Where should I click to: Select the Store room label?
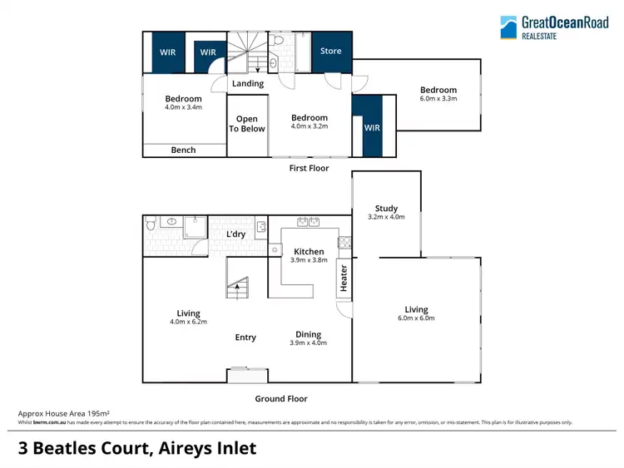coord(331,52)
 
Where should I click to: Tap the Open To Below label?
coord(247,124)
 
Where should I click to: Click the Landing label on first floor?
coord(248,83)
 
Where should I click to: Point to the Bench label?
coord(183,150)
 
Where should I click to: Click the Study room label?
coord(386,209)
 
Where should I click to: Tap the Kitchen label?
coord(309,251)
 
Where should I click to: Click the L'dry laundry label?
coord(236,234)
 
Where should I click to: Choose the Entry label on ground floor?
coord(245,337)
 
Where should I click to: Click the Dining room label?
coord(308,334)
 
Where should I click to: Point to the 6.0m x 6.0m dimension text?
coord(416,318)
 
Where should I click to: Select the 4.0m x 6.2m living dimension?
coord(188,322)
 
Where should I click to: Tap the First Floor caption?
coord(309,168)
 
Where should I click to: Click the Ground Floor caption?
coord(280,399)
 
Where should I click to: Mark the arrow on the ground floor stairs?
coord(238,287)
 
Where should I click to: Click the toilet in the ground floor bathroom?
coord(150,224)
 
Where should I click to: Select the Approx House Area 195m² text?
coord(64,413)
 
